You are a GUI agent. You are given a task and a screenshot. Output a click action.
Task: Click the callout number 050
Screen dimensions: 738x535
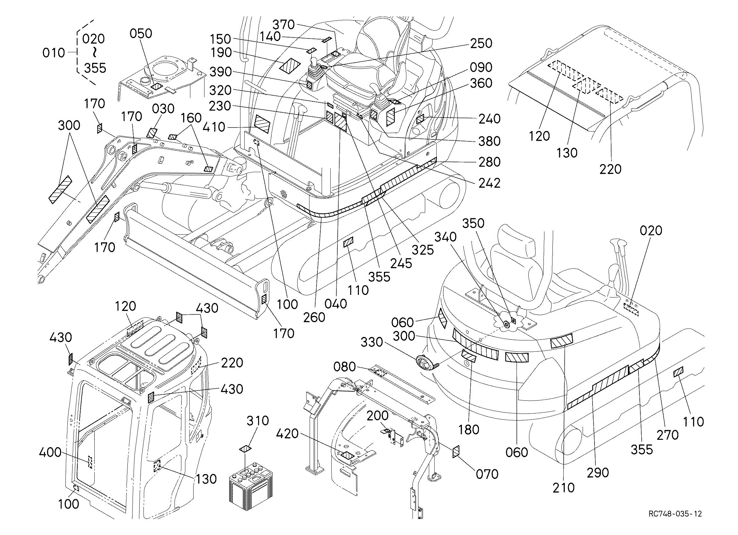[141, 33]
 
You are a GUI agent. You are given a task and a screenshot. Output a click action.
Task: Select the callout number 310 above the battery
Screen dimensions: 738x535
[258, 421]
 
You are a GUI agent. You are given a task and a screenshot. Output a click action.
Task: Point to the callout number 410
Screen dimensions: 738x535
[213, 127]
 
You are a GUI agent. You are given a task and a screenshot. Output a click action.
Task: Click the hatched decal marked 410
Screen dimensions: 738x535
[262, 124]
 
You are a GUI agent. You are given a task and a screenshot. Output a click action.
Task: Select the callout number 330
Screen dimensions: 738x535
[372, 342]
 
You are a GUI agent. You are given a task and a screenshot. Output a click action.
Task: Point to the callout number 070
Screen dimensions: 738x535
[487, 474]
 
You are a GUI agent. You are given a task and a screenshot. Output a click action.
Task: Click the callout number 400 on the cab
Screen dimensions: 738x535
[50, 452]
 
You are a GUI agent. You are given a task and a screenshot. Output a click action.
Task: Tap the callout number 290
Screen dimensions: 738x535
[598, 473]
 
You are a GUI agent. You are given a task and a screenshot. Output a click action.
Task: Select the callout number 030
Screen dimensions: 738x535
[163, 109]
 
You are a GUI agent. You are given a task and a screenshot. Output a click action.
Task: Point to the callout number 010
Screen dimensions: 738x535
[54, 53]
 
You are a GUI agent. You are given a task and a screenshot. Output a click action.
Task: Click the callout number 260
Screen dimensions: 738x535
[314, 317]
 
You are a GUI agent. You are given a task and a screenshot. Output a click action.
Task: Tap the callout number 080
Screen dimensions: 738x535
[344, 367]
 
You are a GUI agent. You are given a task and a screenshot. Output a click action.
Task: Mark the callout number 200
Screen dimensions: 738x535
[378, 415]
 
